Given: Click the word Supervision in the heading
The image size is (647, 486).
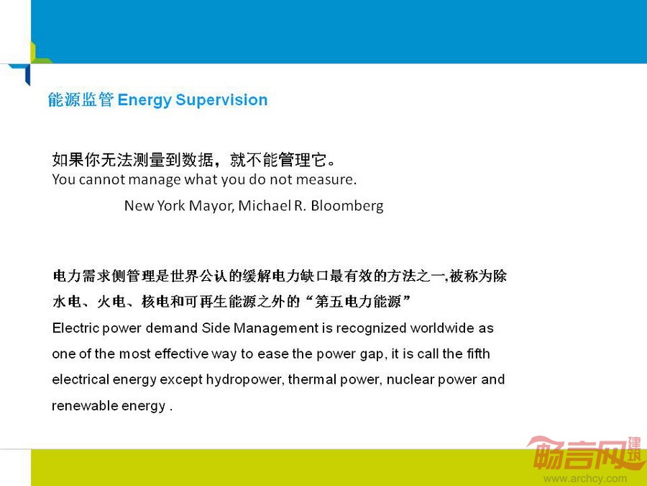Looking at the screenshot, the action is [221, 100].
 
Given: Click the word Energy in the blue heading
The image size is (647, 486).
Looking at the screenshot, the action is [144, 101].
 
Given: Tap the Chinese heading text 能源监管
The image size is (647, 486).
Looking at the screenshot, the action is [81, 100].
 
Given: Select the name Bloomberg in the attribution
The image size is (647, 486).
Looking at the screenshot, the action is [347, 206].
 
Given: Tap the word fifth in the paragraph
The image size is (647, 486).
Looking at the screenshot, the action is [478, 354].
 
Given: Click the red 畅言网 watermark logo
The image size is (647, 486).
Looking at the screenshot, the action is [586, 454].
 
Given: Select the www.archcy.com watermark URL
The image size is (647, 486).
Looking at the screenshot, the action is [585, 479].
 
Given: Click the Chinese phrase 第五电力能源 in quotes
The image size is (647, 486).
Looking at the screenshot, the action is [358, 302].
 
